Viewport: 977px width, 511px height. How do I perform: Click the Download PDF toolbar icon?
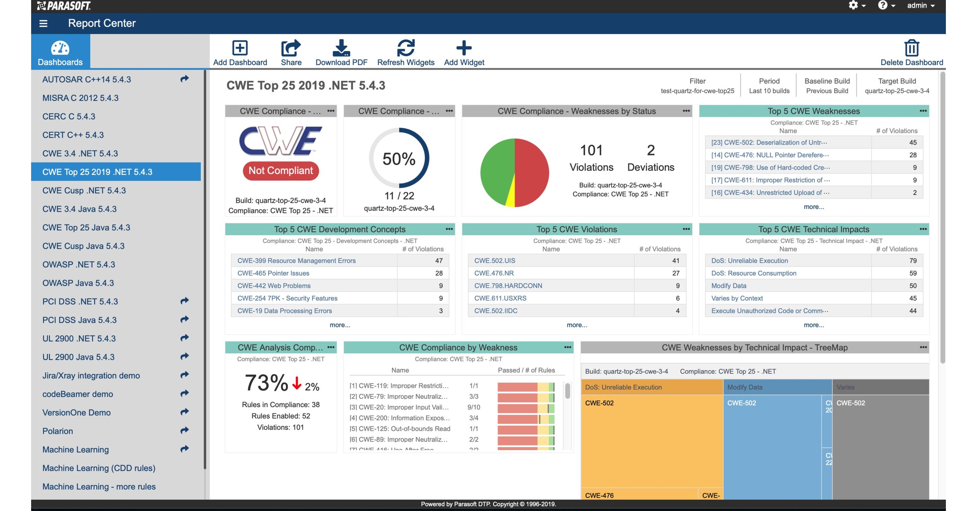341,48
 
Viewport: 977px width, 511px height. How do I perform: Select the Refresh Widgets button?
405,48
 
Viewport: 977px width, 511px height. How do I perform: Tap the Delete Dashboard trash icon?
912,48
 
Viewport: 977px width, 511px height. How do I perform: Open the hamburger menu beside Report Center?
43,23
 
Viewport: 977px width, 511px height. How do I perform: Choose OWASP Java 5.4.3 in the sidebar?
78,283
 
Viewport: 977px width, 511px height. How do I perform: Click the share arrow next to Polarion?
184,430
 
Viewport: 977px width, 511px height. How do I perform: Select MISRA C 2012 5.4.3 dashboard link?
80,98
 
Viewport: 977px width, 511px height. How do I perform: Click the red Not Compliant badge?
281,171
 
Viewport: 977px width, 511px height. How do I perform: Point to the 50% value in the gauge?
399,159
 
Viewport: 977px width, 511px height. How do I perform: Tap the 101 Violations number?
591,150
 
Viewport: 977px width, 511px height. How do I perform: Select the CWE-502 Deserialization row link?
769,142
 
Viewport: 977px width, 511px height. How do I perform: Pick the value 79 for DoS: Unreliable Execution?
913,261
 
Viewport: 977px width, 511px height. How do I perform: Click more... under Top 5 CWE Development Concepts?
339,325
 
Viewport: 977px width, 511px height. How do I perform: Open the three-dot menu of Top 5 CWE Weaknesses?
923,111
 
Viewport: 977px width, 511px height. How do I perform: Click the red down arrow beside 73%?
297,383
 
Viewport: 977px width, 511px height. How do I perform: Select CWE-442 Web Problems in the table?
274,285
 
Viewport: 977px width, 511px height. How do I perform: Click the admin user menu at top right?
921,6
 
